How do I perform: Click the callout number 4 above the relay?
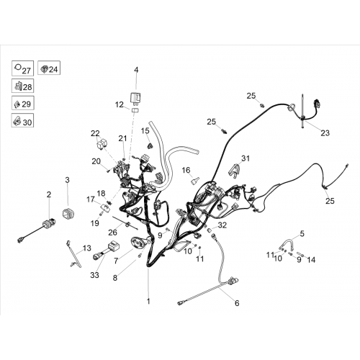coord(136,70)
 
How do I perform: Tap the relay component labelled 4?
coord(136,98)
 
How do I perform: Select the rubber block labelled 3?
coord(68,213)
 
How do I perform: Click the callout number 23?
coord(325,133)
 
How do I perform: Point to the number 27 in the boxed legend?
coord(26,71)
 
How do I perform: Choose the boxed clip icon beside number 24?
coord(44,68)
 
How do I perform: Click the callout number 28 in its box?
coord(27,87)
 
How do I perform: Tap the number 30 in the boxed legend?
coord(27,122)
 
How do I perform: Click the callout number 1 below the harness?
coord(148,301)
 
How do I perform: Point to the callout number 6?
coord(237,303)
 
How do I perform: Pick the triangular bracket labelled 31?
coord(233,171)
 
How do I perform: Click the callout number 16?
coord(186,170)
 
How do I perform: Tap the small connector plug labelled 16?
coord(194,181)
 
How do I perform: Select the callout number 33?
coord(94,275)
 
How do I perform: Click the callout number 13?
coord(87,248)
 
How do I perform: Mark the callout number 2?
coord(49,194)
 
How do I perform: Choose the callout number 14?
coord(311,260)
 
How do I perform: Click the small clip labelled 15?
coord(150,145)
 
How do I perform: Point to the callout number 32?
coord(222,225)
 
